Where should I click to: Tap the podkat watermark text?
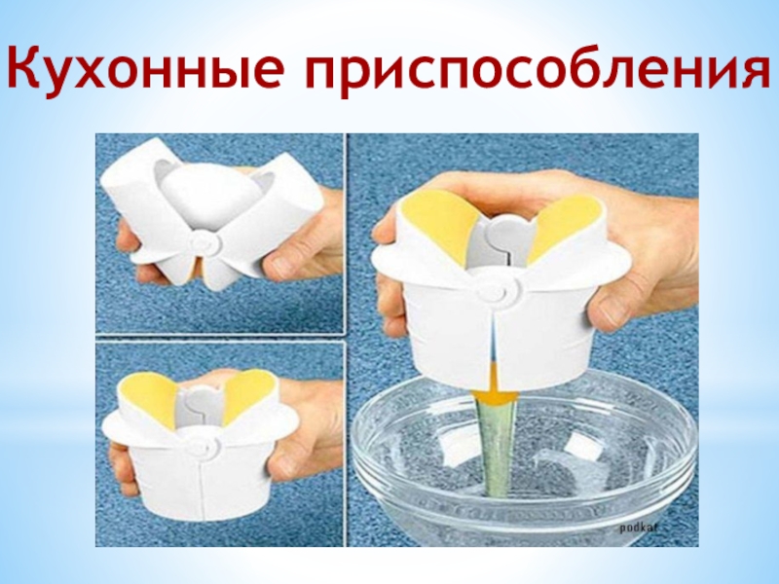coord(639,529)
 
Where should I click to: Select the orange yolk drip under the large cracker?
coord(496,387)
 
